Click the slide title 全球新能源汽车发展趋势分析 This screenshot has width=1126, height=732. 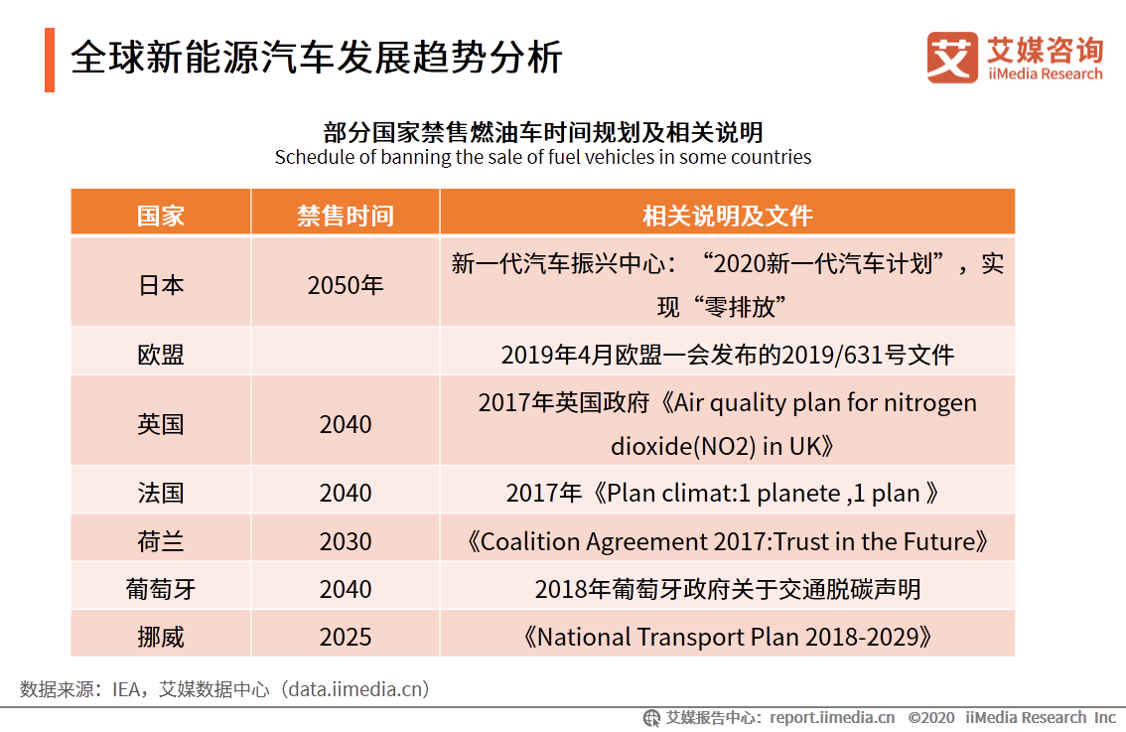tap(317, 59)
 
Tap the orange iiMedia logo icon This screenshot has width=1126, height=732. tap(951, 58)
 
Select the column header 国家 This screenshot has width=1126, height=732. tap(160, 216)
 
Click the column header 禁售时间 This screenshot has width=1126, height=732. tap(345, 216)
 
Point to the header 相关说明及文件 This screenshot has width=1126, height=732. tap(727, 216)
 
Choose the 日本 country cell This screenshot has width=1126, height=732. tap(160, 285)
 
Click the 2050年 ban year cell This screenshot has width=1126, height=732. tap(345, 285)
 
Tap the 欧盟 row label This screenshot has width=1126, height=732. tap(160, 355)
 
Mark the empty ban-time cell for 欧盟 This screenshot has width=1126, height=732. tap(345, 353)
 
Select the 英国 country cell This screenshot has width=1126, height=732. tap(160, 424)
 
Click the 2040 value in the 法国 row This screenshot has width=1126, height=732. tap(345, 493)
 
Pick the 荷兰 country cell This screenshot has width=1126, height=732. tap(160, 541)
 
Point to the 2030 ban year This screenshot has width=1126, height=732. tap(345, 541)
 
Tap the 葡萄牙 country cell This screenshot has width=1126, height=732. tap(160, 589)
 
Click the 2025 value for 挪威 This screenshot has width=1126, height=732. tap(345, 637)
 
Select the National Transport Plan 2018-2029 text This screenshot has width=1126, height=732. tap(727, 637)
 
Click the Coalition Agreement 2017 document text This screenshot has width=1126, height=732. tap(727, 541)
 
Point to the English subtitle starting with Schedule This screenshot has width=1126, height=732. tap(542, 157)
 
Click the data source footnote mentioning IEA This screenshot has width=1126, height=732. tap(224, 688)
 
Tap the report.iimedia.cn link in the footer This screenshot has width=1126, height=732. tap(832, 717)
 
